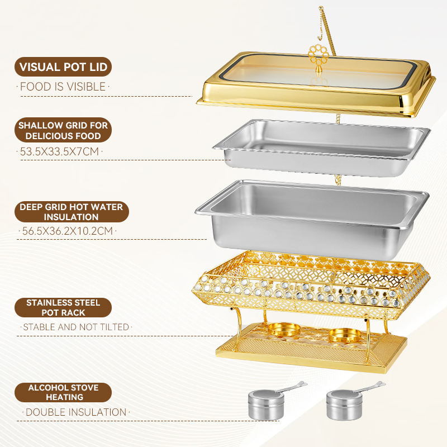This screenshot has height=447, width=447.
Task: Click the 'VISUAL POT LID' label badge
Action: click(63, 67)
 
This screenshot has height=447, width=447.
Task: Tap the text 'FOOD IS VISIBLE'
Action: click(63, 87)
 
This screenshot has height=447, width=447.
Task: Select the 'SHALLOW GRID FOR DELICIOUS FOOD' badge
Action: click(63, 130)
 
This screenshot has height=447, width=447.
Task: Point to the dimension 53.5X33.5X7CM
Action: click(60, 151)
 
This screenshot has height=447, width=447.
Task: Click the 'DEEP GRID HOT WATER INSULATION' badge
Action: click(72, 212)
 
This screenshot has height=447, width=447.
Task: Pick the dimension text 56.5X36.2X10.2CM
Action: click(68, 231)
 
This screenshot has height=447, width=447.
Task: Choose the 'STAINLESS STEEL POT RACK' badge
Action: click(63, 308)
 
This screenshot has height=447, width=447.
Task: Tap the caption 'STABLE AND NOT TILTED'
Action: click(76, 327)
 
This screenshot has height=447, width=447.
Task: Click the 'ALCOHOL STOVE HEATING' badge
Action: click(63, 392)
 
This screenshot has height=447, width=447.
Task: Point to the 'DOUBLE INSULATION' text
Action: click(76, 412)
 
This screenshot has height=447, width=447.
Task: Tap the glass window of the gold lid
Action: click(319, 72)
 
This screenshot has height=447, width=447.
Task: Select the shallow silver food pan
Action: click(322, 148)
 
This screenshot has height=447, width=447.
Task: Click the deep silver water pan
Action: click(312, 218)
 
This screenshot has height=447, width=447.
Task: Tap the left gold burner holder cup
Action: click(284, 330)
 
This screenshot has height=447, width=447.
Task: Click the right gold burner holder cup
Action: click(345, 335)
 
